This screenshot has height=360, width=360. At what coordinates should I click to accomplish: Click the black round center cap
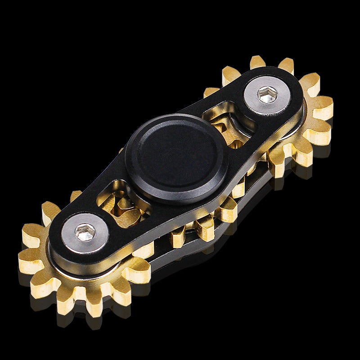tap(176, 153)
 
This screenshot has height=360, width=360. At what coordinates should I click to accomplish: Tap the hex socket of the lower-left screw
tap(85, 232)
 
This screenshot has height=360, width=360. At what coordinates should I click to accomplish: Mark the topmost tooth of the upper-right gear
tap(257, 62)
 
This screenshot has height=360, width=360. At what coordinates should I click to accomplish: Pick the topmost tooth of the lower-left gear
tap(50, 211)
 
